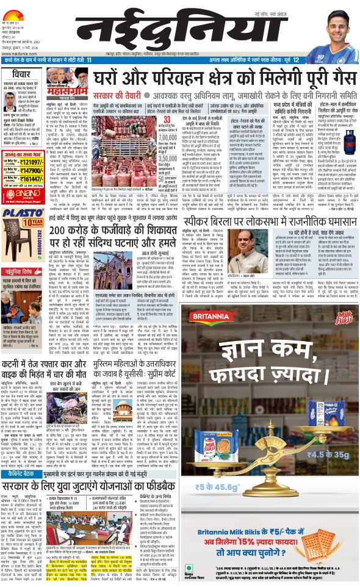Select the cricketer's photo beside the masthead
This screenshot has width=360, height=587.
point(329,31)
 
